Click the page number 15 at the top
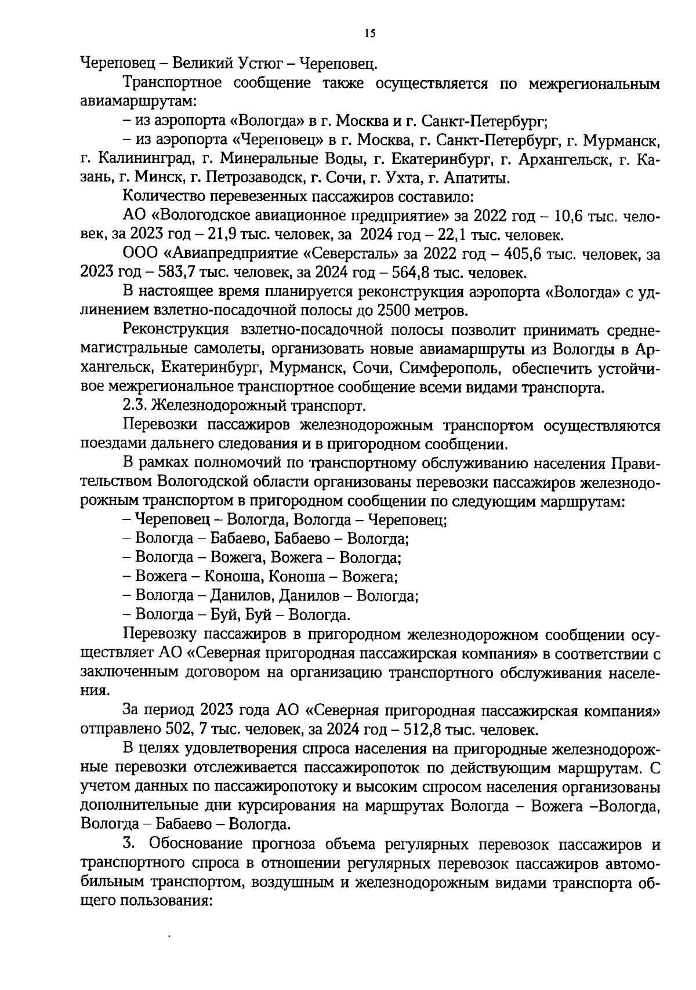[371, 34]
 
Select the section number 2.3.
[135, 407]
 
